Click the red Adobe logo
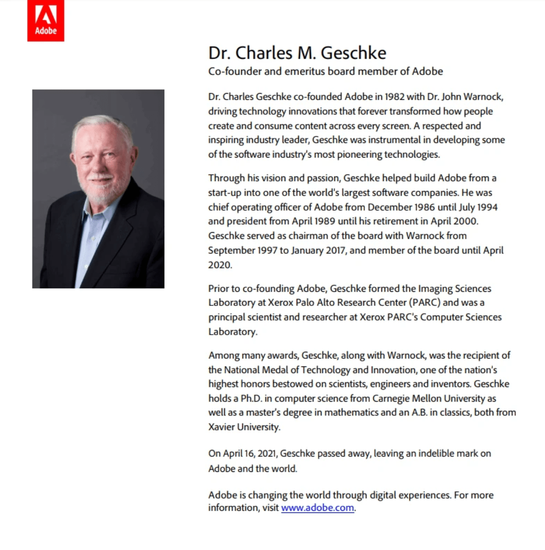coord(45,21)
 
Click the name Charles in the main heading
coord(263,53)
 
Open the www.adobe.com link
coord(318,508)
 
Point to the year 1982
coord(394,97)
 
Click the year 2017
coord(335,250)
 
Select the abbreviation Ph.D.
coord(251,399)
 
